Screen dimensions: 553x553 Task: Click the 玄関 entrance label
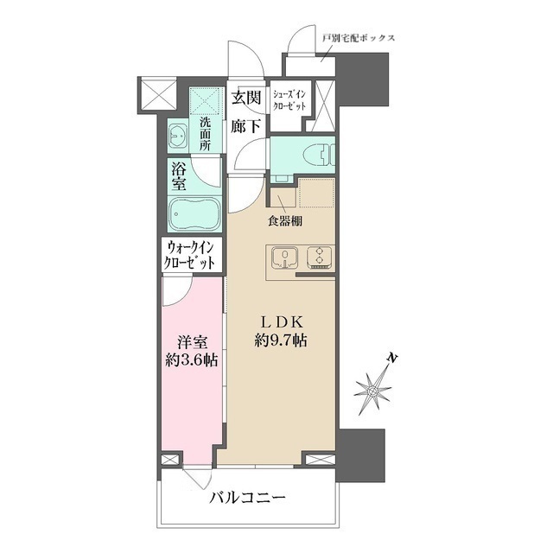point(246,98)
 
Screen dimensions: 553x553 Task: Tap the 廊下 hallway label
point(246,125)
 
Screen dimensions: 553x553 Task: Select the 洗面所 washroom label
point(206,133)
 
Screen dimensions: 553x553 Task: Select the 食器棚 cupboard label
point(284,221)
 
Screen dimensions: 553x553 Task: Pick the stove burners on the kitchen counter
point(319,257)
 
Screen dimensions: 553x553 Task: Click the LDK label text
point(278,321)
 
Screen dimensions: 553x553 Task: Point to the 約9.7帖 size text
point(278,341)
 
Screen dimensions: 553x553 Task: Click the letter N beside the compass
point(391,357)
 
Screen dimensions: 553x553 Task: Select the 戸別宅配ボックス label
point(358,39)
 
